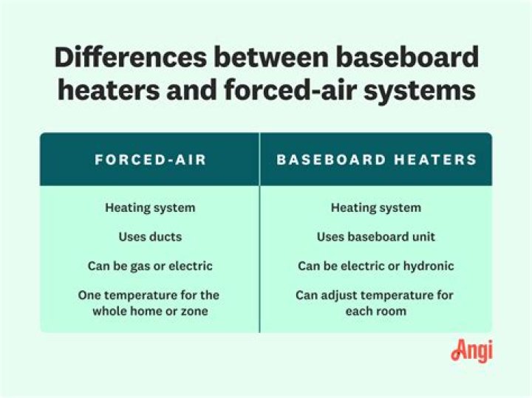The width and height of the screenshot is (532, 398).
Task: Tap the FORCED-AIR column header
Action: pos(150,159)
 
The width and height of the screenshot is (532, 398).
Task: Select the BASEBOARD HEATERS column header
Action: pos(376,159)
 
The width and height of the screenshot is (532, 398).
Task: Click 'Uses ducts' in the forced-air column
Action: pos(150,237)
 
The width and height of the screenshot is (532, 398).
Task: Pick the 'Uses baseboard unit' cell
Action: pos(376,237)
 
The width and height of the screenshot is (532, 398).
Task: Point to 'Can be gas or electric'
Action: pos(150,266)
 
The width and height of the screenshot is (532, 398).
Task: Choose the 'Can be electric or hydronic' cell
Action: pos(376,266)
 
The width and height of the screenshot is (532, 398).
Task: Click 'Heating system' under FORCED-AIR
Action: pos(150,207)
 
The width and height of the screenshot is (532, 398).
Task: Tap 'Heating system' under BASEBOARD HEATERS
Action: pos(376,207)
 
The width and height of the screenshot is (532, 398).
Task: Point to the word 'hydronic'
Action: pos(428,266)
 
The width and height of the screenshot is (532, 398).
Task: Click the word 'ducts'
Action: pos(166,237)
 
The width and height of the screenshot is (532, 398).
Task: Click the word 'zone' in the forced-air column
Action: pos(193,311)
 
